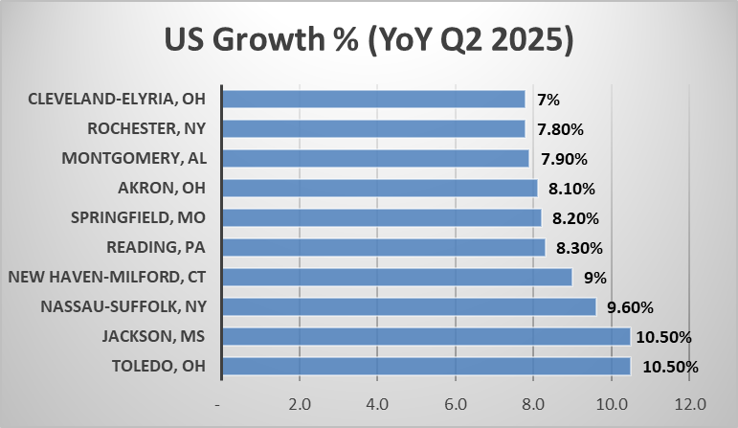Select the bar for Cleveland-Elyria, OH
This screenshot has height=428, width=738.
tap(373, 99)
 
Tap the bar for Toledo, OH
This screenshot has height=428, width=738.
tap(426, 366)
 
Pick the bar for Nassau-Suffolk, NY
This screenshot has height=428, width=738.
tap(409, 306)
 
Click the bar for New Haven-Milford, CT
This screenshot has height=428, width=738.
tap(397, 277)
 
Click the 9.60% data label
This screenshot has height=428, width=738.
tap(634, 307)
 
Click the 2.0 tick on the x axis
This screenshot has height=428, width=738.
tap(300, 403)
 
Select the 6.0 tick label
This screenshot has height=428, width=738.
tap(456, 403)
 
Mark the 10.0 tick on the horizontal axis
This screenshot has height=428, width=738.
tap(611, 403)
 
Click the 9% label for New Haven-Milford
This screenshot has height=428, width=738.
tap(595, 278)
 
